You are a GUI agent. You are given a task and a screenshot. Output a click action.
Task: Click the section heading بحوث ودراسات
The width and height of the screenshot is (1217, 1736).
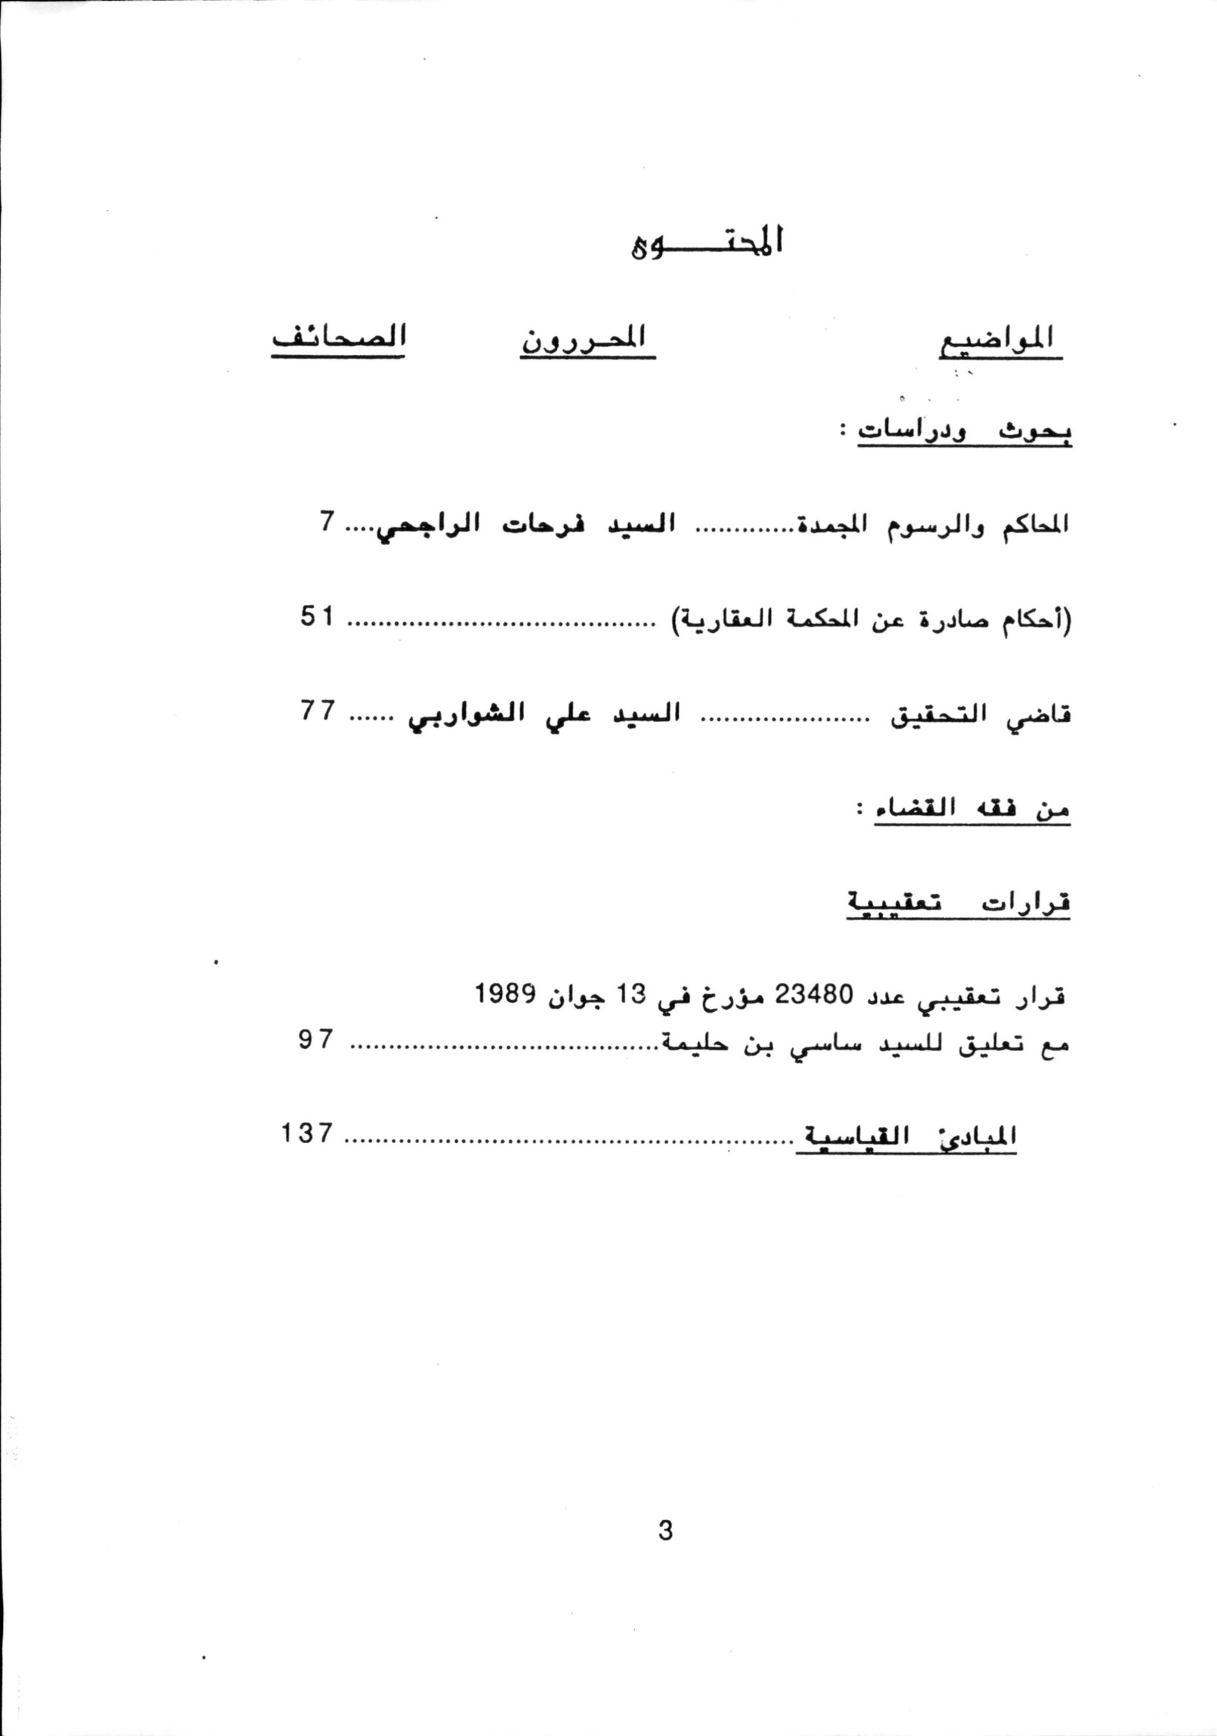[964, 432]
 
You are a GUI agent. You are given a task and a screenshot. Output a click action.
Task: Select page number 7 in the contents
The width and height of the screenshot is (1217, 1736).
[326, 521]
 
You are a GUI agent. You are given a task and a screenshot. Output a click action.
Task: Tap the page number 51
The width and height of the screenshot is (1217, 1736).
[316, 617]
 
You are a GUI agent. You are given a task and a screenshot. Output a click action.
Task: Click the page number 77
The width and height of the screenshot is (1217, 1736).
[316, 711]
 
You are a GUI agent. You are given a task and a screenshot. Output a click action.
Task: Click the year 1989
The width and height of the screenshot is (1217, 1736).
[506, 993]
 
